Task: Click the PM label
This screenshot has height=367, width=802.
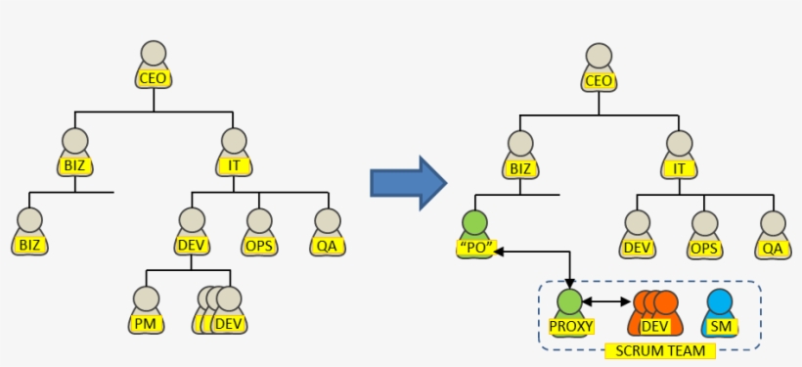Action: (146, 323)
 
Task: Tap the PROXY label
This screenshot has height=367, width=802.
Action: (569, 325)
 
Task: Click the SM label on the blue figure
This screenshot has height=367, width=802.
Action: (719, 325)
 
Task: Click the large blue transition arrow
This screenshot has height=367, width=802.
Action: (408, 182)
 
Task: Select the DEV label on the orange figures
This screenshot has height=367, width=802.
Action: (654, 325)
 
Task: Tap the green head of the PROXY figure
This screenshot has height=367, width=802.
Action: (569, 301)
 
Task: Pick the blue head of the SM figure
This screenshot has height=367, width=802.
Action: (719, 301)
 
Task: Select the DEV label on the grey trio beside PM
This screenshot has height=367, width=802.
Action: (229, 323)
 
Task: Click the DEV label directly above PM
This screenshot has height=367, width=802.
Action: (192, 246)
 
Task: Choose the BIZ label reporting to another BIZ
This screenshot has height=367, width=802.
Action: (30, 246)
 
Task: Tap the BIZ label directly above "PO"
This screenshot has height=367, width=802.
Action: (519, 168)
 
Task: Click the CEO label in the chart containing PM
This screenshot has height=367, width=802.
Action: (153, 78)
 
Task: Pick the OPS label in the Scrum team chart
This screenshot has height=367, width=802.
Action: (704, 248)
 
